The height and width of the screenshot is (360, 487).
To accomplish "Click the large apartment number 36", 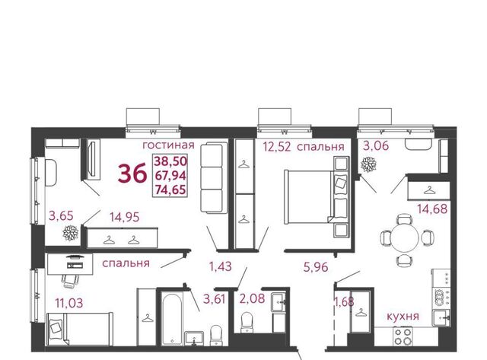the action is [132, 174].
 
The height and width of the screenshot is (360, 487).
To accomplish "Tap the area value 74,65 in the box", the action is [170, 190].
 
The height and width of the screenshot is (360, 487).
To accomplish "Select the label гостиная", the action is [169, 145].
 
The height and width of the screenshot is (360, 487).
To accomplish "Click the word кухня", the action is [403, 316].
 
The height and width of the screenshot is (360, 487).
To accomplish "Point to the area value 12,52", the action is [277, 146].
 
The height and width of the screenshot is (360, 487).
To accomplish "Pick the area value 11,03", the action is [69, 302].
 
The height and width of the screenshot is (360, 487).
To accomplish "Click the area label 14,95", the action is [125, 217].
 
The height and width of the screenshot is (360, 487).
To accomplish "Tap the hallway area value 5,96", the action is [316, 267].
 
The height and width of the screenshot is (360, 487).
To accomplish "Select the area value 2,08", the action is [252, 298].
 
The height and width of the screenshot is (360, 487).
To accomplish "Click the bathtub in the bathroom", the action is [173, 319].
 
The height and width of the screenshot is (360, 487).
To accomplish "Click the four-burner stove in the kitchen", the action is [403, 336].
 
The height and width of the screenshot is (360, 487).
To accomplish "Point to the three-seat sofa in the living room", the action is [214, 177].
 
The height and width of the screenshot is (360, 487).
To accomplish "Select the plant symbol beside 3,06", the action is [368, 164].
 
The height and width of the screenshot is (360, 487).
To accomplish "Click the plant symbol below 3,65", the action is [71, 233].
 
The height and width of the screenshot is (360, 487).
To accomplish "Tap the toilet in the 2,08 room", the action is [247, 323].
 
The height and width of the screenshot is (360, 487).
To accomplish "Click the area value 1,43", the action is [220, 266].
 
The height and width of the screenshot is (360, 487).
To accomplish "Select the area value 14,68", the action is [432, 209].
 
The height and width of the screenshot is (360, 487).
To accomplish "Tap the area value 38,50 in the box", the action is [170, 161].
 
